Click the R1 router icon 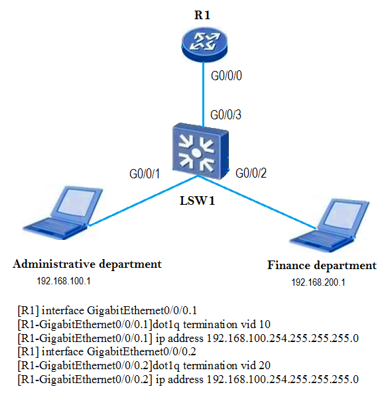(204, 44)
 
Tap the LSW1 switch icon (200, 151)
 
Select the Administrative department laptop (63, 213)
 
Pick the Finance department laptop (330, 225)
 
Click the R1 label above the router (202, 15)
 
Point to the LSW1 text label (197, 200)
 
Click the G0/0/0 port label (226, 76)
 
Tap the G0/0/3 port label (226, 115)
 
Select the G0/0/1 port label (145, 174)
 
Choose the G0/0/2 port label (251, 173)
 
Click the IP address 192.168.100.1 (64, 281)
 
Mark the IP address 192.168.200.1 (318, 282)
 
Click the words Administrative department (88, 264)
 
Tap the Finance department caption (322, 266)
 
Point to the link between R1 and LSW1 (204, 94)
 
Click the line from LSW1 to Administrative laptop (143, 201)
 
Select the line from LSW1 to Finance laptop (257, 202)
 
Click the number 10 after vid (265, 325)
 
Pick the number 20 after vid (265, 365)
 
